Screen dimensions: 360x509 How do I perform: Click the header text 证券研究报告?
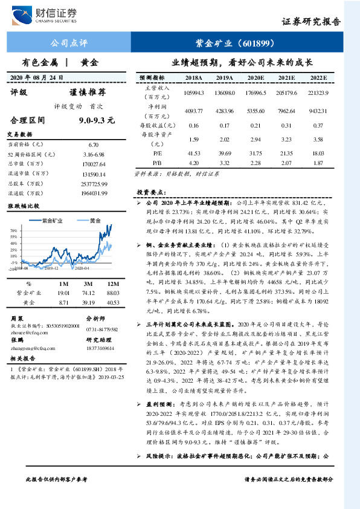[311, 22]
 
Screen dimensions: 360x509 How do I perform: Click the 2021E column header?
[285, 78]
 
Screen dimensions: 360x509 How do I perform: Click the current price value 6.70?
[93, 145]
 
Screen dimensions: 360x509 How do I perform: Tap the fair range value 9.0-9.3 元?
[97, 120]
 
